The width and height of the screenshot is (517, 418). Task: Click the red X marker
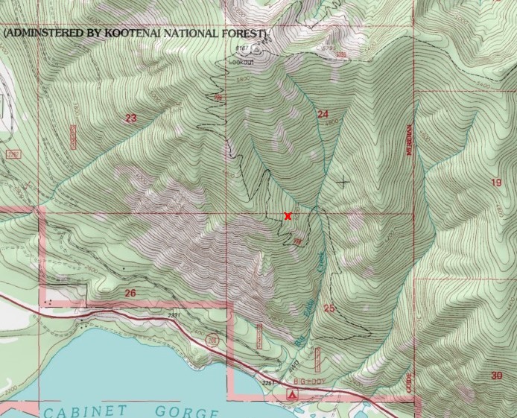pos(288,216)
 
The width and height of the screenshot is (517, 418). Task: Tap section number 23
pos(131,118)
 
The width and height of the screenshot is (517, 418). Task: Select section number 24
pos(323,114)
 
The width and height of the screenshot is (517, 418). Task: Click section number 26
pos(130,293)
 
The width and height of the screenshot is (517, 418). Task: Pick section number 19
pos(496,183)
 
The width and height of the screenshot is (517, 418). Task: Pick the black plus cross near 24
pos(343,181)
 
